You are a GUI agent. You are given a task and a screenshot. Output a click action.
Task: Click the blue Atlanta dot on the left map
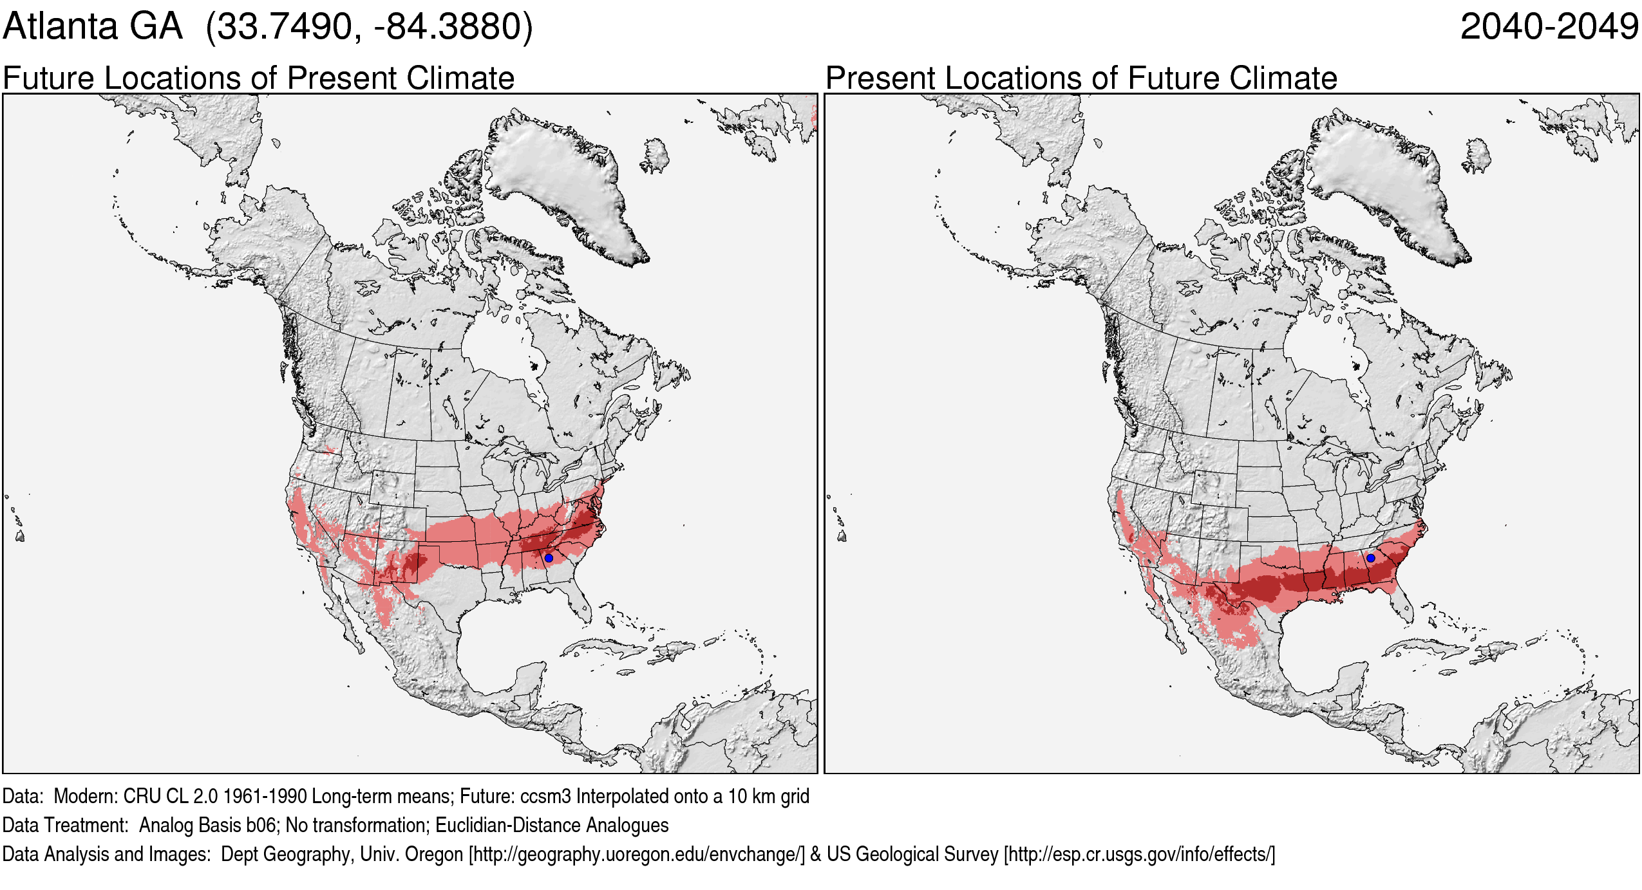549,558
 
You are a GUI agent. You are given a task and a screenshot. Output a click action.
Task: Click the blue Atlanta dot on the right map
1370,558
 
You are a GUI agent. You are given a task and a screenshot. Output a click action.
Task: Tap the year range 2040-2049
1549,27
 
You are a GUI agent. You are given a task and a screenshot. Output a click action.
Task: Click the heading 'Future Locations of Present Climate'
258,79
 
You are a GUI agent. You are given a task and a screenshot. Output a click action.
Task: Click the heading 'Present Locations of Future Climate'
1081,79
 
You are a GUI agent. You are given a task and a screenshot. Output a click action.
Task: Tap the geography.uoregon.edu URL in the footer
637,854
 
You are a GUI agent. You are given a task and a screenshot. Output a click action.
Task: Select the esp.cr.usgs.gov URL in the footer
1139,854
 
